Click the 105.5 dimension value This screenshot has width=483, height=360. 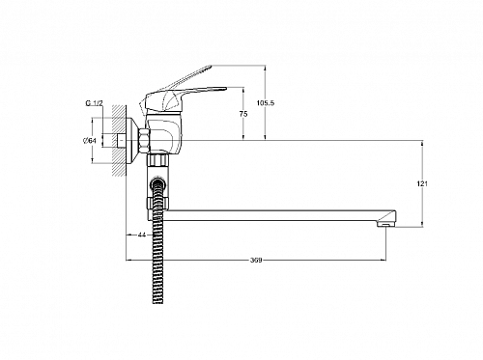(x=266, y=103)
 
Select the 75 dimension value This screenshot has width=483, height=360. (x=243, y=114)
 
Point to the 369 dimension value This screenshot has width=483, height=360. (x=256, y=261)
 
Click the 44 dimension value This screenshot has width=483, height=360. (x=142, y=235)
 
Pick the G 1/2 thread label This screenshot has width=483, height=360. (x=94, y=103)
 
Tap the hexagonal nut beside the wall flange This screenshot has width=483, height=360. (x=144, y=140)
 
